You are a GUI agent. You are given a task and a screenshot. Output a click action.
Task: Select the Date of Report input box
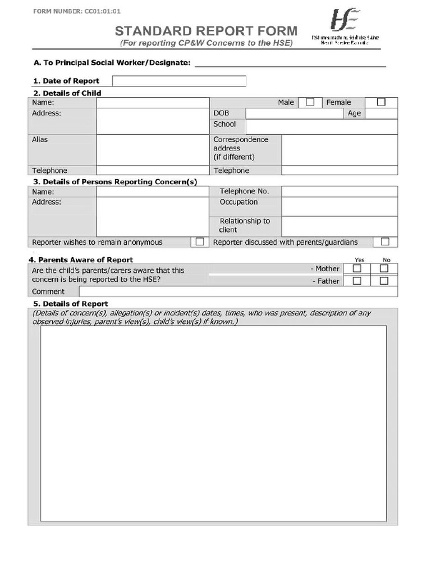(179, 81)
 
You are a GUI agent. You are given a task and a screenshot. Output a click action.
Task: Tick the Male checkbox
(310, 102)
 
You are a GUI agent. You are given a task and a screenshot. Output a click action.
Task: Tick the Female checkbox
(381, 102)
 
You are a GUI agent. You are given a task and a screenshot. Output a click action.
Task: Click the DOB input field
(294, 113)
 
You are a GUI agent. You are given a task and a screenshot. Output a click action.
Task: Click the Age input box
(381, 113)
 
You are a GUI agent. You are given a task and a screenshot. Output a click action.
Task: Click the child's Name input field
(152, 103)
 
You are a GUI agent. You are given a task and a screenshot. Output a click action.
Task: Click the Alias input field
(152, 150)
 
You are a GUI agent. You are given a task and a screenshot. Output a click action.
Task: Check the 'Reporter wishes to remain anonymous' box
(199, 242)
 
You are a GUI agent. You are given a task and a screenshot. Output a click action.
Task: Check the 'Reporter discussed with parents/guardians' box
(385, 242)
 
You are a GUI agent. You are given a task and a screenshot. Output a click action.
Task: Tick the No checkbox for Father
(384, 281)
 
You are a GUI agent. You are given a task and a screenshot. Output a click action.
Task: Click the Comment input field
(238, 291)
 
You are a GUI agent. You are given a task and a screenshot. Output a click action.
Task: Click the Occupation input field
(339, 206)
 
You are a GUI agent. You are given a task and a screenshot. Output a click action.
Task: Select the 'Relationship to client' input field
(339, 226)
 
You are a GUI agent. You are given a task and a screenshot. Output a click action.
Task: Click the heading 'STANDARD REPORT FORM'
(206, 31)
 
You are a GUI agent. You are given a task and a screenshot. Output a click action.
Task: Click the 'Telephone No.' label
(244, 191)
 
